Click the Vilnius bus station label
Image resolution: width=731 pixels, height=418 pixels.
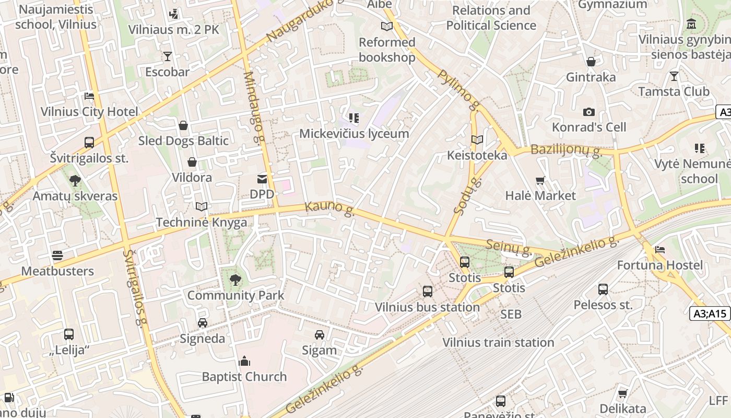pos(427,307)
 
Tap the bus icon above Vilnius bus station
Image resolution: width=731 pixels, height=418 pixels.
pos(428,292)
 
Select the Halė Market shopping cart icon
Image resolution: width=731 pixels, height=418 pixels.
pos(540,181)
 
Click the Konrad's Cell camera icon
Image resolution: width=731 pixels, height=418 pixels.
pos(589,112)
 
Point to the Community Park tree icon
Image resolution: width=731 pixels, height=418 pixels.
pos(235,280)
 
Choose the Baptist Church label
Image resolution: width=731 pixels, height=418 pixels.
pos(244,376)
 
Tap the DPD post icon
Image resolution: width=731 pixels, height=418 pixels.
pos(262,179)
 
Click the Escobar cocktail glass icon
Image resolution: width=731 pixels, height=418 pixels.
pos(167,56)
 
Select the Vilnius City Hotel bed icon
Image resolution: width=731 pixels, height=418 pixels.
pos(89,96)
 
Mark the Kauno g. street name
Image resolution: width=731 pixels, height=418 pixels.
pos(330,207)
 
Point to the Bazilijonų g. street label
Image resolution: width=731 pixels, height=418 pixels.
pos(567,150)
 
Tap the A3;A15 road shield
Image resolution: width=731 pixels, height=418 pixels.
pos(711,313)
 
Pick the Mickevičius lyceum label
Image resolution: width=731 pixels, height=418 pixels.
pos(354,133)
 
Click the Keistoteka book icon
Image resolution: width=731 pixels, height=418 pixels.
pos(477,140)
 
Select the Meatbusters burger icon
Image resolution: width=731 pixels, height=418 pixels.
pos(57,256)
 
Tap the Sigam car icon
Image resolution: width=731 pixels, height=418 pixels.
pos(320,335)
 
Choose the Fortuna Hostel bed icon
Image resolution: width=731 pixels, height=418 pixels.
pos(660,250)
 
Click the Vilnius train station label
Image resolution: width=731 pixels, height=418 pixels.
pos(498,342)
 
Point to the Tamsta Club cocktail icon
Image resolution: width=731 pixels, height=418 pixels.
pos(674,76)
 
